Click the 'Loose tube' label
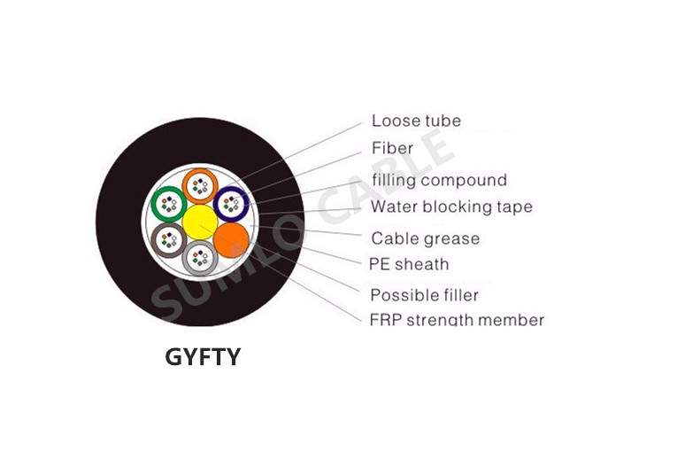click(416, 121)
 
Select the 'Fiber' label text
click(392, 148)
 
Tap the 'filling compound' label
click(440, 180)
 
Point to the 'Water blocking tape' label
click(451, 207)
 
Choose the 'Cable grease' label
click(426, 238)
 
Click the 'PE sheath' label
click(409, 264)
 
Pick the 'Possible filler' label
click(425, 295)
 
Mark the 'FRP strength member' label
click(457, 320)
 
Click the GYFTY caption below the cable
click(203, 357)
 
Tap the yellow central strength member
click(200, 222)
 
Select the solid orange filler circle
click(232, 240)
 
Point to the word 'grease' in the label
click(452, 239)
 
